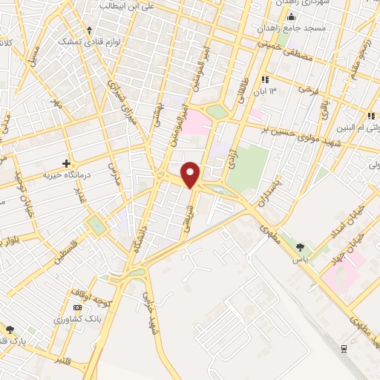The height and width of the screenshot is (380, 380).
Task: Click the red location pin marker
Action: point(191,175)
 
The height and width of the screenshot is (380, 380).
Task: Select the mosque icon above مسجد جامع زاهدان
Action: point(290,16)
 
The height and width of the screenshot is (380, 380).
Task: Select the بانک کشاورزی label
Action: point(78,318)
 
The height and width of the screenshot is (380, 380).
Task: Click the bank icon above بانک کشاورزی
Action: point(78,307)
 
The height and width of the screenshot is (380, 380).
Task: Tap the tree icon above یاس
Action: point(300,248)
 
